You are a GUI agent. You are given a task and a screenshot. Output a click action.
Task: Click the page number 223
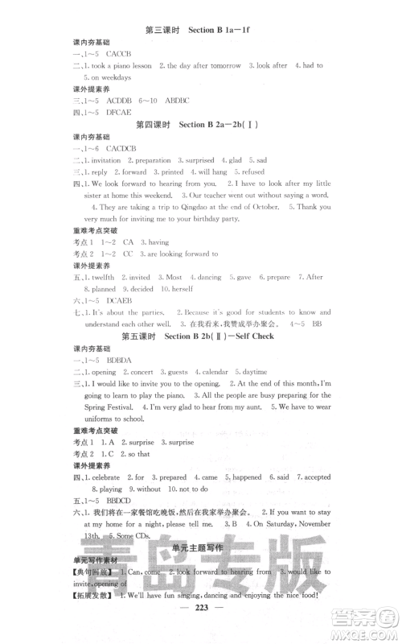click(200, 630)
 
